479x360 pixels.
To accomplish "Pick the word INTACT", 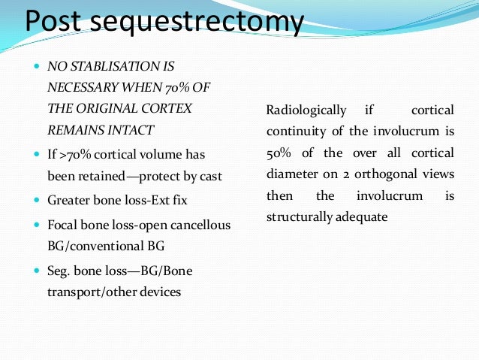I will pos(136,129).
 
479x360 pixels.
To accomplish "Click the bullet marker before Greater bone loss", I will pos(38,201).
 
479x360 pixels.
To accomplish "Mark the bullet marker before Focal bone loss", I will pos(38,225).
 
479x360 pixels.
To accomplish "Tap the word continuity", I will pos(294,132).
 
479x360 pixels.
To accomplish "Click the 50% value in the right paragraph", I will pos(280,153).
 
